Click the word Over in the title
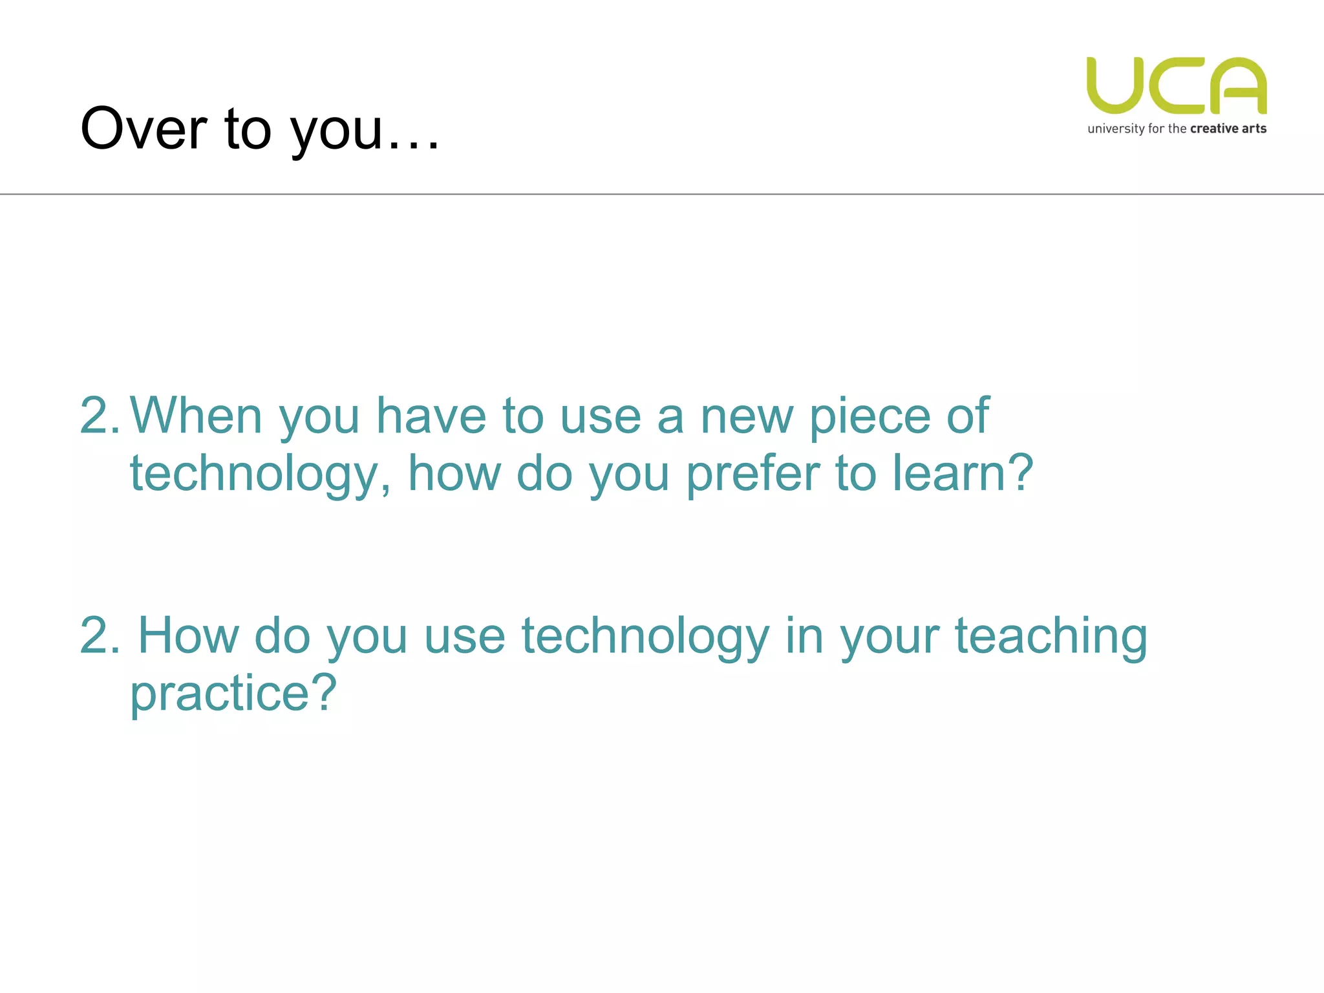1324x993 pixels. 144,129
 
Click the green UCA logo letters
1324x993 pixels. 1177,86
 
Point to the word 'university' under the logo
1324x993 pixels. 1116,129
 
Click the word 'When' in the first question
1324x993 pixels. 197,416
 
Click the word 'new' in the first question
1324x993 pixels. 747,416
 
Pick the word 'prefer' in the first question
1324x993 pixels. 753,474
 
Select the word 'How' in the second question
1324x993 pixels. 189,635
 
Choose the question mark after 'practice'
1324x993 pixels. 324,692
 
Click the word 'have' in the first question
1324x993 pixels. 431,416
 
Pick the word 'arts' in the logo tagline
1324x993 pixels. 1254,129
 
